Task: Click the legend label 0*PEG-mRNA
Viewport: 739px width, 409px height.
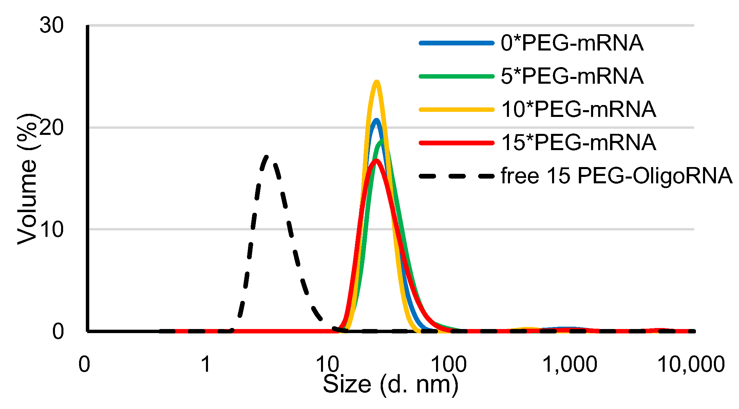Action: [572, 43]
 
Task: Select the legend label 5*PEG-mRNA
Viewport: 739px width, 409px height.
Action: [572, 76]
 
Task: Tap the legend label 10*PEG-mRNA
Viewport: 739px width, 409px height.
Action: [578, 109]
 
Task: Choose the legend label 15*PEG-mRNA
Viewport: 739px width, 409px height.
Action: [578, 142]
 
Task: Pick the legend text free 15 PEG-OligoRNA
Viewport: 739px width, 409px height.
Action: [616, 176]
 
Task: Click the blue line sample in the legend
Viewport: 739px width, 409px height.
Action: [456, 43]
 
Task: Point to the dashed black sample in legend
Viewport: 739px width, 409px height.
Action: [456, 176]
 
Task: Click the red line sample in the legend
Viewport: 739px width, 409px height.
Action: [456, 143]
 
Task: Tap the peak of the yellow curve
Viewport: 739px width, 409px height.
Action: [376, 81]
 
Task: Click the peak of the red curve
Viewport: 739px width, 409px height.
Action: [376, 160]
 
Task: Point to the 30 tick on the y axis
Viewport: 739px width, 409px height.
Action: [52, 25]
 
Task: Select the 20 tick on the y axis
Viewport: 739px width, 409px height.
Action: [52, 128]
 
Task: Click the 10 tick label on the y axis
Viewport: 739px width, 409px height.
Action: [52, 230]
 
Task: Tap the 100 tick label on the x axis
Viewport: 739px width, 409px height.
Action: [448, 365]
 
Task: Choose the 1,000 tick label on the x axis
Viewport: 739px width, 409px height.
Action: [570, 365]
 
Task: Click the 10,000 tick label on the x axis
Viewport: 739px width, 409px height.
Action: [691, 365]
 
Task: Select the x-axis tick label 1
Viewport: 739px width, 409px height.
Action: [206, 365]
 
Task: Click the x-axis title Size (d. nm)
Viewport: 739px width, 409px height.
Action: [390, 385]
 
